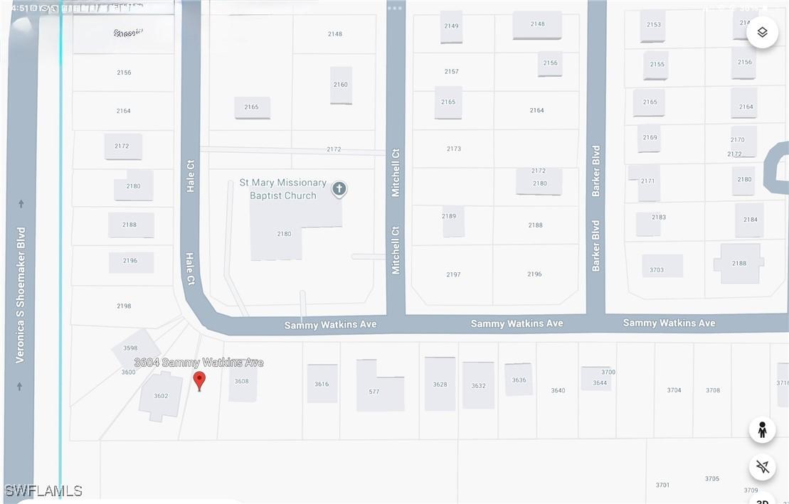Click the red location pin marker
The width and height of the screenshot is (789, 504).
click(x=199, y=380)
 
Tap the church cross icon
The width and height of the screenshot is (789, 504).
click(x=339, y=189)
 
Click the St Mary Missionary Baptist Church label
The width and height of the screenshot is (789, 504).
click(x=282, y=189)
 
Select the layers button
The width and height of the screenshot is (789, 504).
click(x=762, y=33)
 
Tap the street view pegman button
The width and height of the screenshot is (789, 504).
click(x=762, y=430)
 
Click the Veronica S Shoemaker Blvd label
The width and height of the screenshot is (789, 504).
click(x=21, y=294)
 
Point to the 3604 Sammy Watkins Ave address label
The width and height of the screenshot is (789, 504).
click(x=198, y=363)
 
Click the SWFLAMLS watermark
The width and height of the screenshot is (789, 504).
click(x=43, y=491)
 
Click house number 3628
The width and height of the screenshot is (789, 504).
click(x=440, y=385)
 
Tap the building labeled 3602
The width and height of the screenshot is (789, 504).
click(x=161, y=396)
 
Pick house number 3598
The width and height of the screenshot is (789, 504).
click(x=130, y=348)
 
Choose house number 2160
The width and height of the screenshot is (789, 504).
click(x=341, y=85)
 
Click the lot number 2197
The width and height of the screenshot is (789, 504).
click(x=453, y=274)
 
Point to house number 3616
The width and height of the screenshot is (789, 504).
click(x=322, y=384)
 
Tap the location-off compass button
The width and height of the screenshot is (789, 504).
click(x=763, y=467)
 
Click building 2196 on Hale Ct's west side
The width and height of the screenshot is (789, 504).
click(x=130, y=261)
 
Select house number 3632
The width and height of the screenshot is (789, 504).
click(x=478, y=386)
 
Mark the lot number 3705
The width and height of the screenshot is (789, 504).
click(x=712, y=478)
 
